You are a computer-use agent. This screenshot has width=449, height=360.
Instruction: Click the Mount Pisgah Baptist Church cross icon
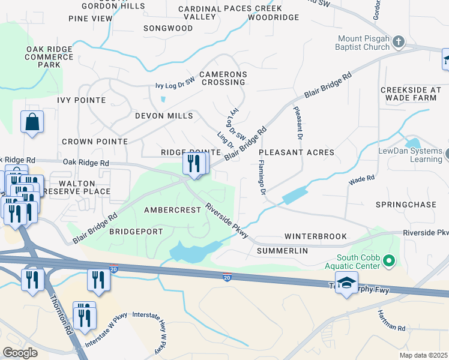(x=399, y=43)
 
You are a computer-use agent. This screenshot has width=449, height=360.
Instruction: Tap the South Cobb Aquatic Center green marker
(x=388, y=261)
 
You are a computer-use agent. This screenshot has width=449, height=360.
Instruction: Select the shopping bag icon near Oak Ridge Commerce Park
(x=32, y=122)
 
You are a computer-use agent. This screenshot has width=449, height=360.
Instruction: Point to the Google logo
(x=20, y=352)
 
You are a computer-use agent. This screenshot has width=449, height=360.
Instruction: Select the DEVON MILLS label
(x=164, y=116)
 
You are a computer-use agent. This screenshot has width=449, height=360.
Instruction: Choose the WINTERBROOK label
(x=316, y=236)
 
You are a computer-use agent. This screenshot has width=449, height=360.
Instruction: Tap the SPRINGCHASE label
(x=406, y=205)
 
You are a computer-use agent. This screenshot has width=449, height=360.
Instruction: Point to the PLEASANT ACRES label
(x=297, y=152)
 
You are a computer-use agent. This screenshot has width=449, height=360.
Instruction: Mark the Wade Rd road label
(x=361, y=179)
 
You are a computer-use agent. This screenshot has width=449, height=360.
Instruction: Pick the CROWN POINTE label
(x=95, y=142)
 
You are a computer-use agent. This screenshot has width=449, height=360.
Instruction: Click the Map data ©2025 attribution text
(x=423, y=355)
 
